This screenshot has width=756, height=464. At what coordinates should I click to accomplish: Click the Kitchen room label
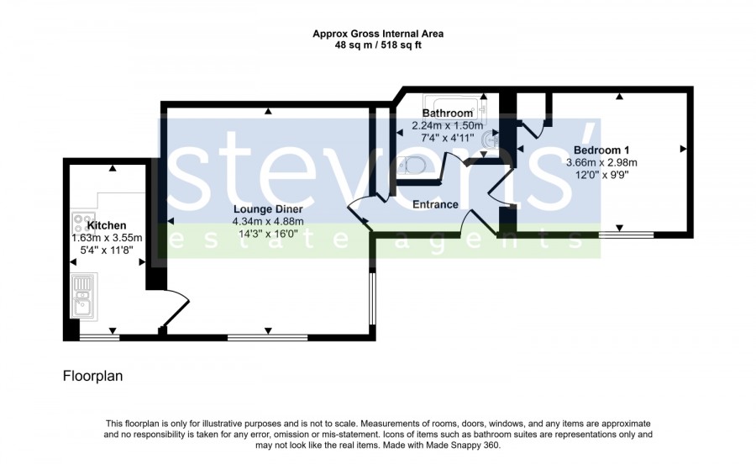click(x=107, y=225)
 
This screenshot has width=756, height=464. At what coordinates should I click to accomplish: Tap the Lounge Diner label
click(x=268, y=209)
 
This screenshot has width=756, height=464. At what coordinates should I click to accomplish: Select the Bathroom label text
click(x=448, y=113)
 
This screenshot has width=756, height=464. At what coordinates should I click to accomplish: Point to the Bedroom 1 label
click(x=601, y=150)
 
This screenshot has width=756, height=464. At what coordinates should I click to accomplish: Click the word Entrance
click(x=435, y=204)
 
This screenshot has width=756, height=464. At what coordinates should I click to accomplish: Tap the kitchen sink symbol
click(x=83, y=297)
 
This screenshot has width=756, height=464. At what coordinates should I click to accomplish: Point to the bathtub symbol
click(x=454, y=107)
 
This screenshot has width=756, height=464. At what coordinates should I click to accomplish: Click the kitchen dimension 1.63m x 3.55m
click(x=107, y=238)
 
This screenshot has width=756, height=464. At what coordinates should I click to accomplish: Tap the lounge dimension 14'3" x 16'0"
click(x=268, y=234)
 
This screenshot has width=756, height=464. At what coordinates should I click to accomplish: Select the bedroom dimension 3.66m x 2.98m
click(x=601, y=162)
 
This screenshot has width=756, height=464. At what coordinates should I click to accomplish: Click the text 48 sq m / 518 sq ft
click(x=378, y=45)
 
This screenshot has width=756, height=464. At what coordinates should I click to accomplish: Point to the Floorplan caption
click(x=92, y=376)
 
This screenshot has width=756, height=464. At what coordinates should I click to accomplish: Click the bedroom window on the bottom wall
click(x=627, y=235)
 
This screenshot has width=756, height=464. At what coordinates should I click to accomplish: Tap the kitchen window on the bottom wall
click(x=99, y=338)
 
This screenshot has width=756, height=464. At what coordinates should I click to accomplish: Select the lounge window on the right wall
click(x=372, y=299)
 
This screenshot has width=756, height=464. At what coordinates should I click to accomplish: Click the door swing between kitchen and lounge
click(x=176, y=308)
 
